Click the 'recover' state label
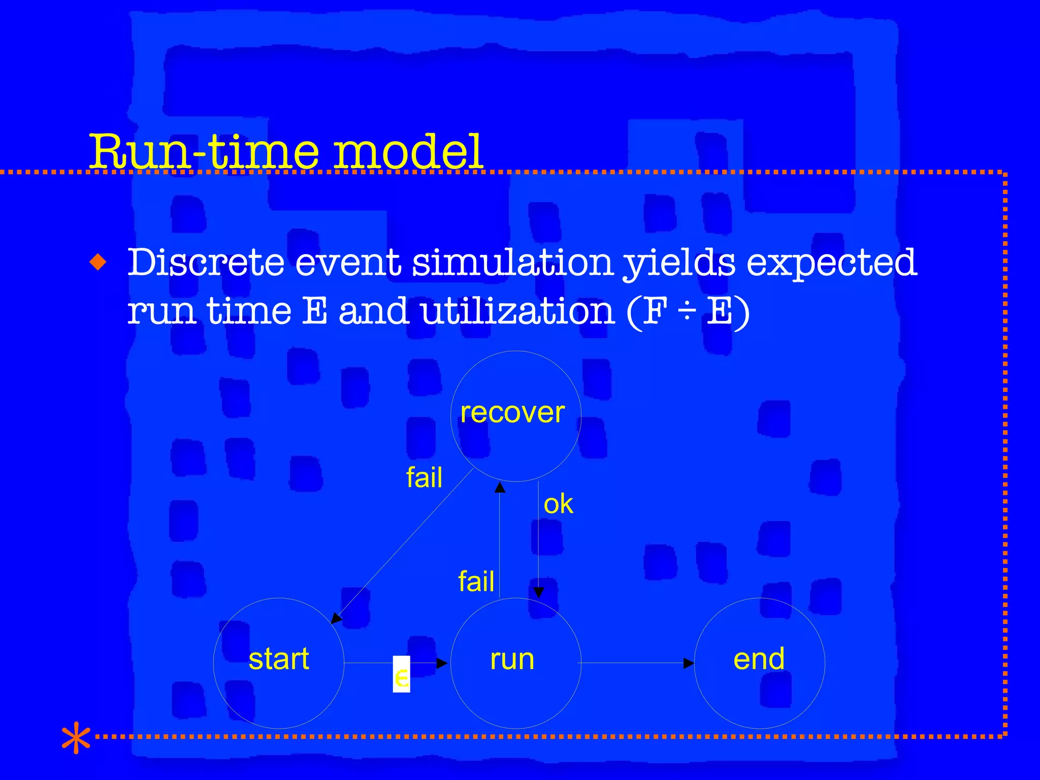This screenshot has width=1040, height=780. click(512, 412)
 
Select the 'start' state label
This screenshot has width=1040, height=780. click(279, 659)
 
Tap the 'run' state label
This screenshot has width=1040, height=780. click(512, 659)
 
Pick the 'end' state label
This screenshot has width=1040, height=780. click(759, 659)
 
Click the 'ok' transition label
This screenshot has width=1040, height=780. click(558, 504)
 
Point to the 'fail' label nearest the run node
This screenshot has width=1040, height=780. click(476, 581)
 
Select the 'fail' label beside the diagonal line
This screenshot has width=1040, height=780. click(424, 477)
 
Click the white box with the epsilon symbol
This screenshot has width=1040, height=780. click(401, 674)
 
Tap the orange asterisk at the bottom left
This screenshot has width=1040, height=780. click(76, 737)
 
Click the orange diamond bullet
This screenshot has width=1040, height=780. click(98, 263)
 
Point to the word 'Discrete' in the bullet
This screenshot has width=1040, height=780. click(206, 263)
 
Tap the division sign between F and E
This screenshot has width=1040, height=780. click(687, 311)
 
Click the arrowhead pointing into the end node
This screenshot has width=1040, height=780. click(689, 663)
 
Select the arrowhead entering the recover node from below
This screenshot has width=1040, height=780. click(500, 488)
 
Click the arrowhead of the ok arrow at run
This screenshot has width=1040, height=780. click(539, 592)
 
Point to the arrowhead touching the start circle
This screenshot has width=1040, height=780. click(337, 618)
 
